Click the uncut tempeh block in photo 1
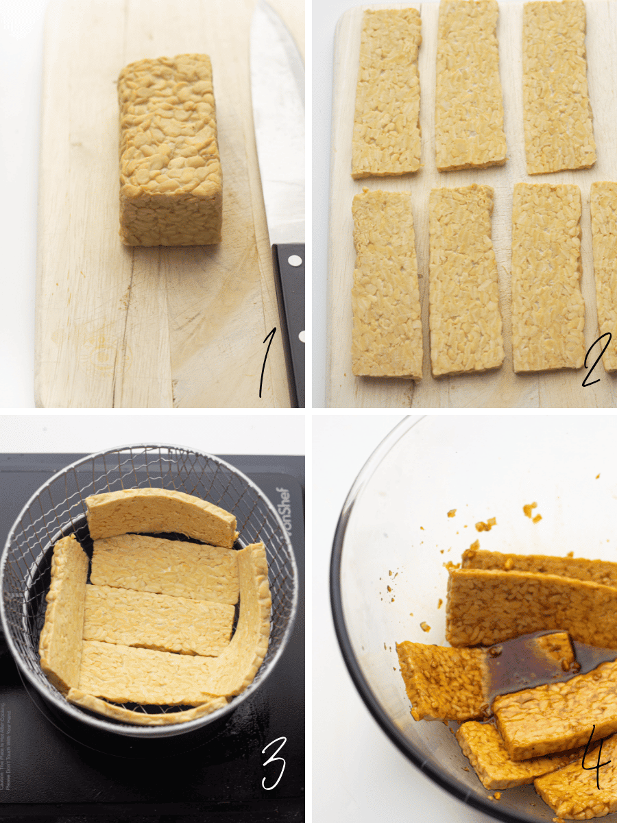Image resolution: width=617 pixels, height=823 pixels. point(169,151)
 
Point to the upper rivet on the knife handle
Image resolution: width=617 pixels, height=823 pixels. point(295,261)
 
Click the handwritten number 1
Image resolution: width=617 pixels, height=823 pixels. point(267,363)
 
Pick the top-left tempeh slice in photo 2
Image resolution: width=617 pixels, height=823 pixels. point(387,93)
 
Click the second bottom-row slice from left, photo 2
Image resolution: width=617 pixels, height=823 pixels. point(465,281)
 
